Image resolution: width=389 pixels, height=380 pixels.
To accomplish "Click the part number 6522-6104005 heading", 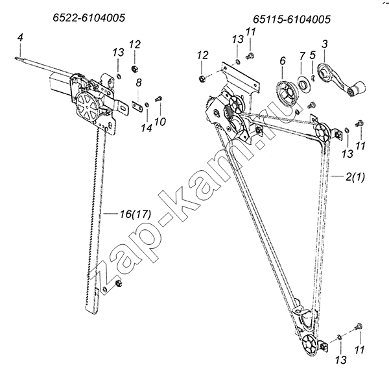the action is [x=89, y=18].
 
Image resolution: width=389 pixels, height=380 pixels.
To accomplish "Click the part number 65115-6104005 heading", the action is [x=292, y=19].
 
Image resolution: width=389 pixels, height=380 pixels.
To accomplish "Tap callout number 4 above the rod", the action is [x=20, y=38].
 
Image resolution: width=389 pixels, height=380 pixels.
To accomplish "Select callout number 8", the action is [x=139, y=82].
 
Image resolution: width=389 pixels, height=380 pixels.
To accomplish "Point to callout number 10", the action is [x=159, y=121].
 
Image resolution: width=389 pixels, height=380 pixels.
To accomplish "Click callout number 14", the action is [x=147, y=128].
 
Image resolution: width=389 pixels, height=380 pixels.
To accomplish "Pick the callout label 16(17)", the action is [x=136, y=214].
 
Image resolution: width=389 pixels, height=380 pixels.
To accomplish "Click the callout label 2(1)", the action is [x=355, y=177].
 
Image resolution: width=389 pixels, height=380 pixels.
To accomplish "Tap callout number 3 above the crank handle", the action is [x=325, y=44].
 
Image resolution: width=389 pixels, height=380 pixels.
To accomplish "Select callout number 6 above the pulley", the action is [x=283, y=60].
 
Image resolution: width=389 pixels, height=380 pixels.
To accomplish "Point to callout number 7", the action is [x=301, y=56].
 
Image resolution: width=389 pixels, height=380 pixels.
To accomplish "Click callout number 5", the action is [x=312, y=55].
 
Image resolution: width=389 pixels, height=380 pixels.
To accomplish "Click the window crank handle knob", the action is [x=357, y=90].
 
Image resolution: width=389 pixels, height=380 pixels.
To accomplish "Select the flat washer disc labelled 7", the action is [x=303, y=84].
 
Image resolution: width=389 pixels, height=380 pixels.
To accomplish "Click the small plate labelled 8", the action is [x=137, y=107].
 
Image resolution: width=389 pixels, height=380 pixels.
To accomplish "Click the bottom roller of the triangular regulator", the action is [x=309, y=346].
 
